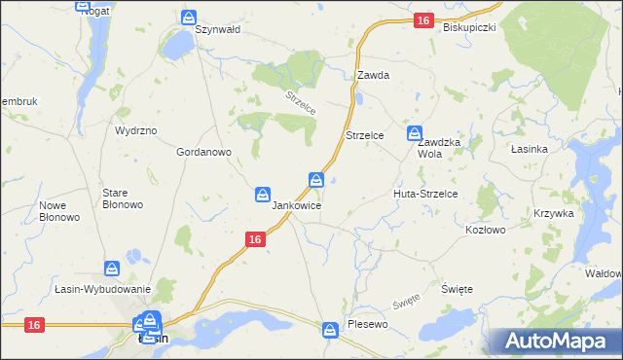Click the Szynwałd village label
217,30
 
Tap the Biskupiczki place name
469,27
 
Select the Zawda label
373,75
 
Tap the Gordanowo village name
202,153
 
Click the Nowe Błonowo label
57,211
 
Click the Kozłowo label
486,231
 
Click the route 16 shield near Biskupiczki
421,19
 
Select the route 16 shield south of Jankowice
254,239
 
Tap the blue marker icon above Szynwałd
189,18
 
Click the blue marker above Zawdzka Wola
415,132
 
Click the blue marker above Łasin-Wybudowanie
113,267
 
